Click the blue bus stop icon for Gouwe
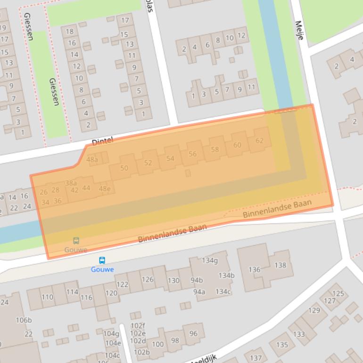click(x=102, y=260)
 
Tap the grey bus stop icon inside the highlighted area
click(x=76, y=241)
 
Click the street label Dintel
click(x=102, y=141)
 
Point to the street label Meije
click(x=299, y=30)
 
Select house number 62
click(x=259, y=140)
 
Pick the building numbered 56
click(x=192, y=154)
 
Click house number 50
click(x=124, y=168)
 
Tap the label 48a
click(x=92, y=160)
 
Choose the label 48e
click(x=105, y=189)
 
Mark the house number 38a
click(x=71, y=183)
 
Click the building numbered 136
click(x=255, y=270)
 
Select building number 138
click(x=280, y=265)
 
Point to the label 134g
click(x=210, y=260)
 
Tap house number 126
click(x=148, y=280)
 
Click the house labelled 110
click(x=47, y=297)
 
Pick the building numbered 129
click(x=314, y=310)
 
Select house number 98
click(x=175, y=340)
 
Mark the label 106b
click(x=24, y=320)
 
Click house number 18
click(x=70, y=31)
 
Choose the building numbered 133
click(x=299, y=334)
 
